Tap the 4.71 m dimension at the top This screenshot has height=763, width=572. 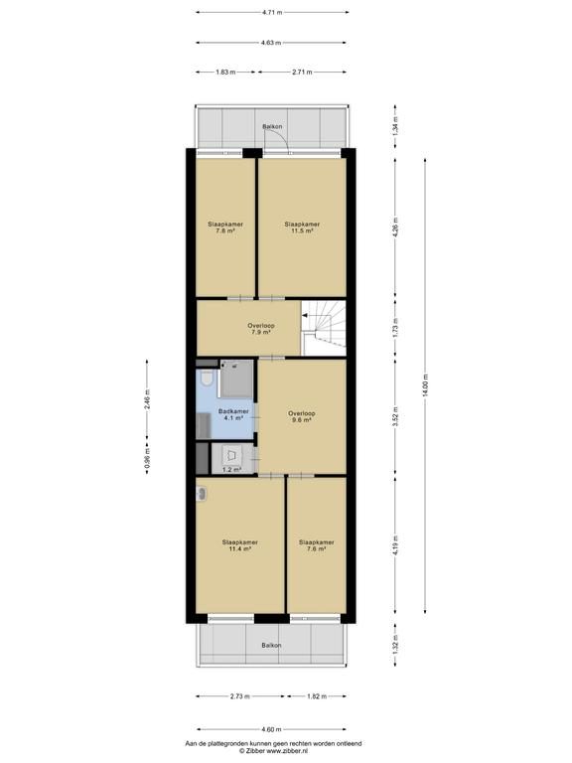[272, 12]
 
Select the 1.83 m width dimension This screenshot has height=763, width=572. [225, 72]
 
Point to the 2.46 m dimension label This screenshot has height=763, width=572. [147, 398]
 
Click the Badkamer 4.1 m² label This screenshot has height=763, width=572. [233, 414]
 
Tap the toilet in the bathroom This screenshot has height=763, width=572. [206, 379]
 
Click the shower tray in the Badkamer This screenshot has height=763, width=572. [236, 379]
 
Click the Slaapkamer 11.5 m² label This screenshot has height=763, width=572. [302, 228]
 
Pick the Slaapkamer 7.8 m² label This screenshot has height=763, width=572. [225, 228]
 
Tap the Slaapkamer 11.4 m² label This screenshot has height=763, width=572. [239, 545]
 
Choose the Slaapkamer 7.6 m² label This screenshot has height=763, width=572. [317, 545]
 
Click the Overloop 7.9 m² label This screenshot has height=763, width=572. [261, 329]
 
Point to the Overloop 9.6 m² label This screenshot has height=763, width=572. [302, 417]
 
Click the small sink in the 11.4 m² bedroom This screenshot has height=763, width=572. [202, 494]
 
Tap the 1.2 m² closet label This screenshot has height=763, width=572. [232, 470]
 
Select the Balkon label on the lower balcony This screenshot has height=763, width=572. [271, 645]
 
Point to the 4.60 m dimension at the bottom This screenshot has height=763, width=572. [271, 729]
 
